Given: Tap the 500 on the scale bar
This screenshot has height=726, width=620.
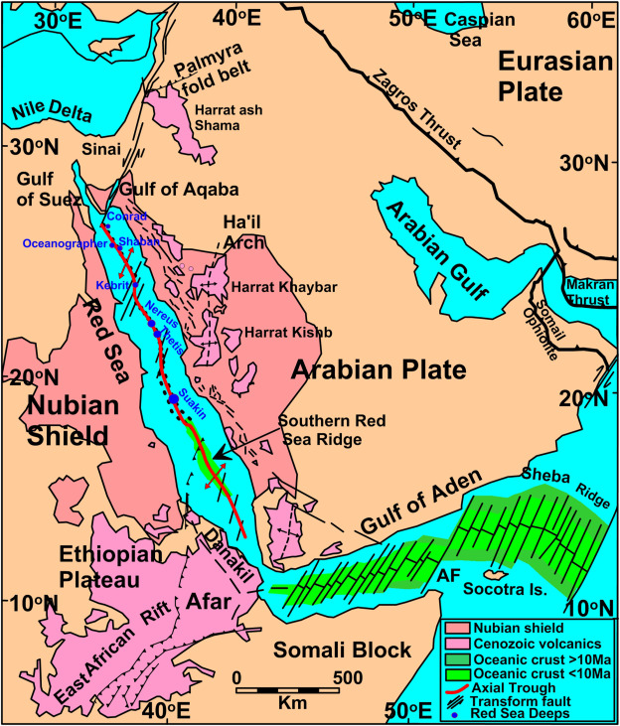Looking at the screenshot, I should (349, 677).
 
